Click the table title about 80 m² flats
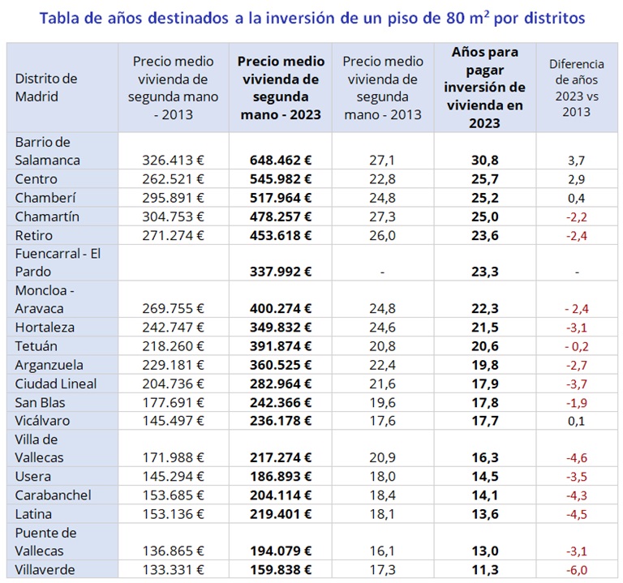[311, 17]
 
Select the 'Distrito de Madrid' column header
[46, 87]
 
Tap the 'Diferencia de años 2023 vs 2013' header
[576, 87]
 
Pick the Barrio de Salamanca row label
[48, 151]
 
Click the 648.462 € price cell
[281, 161]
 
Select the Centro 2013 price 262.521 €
[173, 179]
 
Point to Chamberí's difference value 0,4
[577, 198]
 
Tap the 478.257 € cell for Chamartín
[281, 216]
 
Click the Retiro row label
[33, 235]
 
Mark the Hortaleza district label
[45, 328]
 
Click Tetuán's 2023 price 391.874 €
[281, 346]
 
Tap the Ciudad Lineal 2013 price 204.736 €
[173, 384]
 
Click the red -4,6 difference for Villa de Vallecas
[577, 458]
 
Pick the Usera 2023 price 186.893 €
[281, 477]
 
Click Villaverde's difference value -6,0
[577, 570]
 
